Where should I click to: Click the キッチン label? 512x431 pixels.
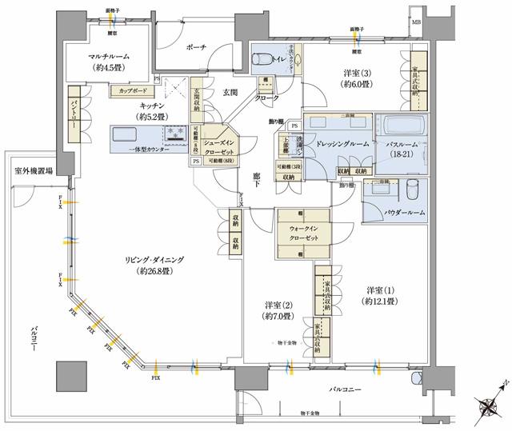click(152, 110)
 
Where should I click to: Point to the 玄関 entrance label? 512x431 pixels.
click(232, 94)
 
